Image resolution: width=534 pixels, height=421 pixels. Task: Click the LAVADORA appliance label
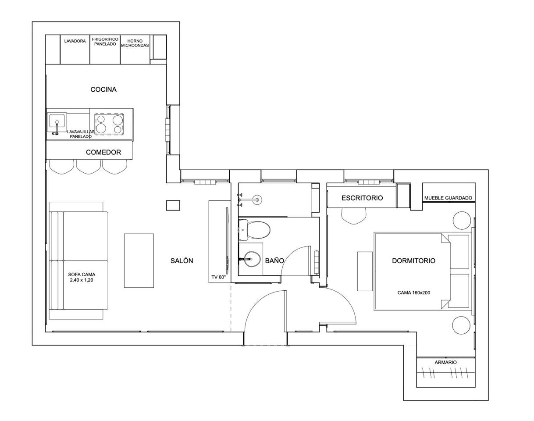coord(75,41)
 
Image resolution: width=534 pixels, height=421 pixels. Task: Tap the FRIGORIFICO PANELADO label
coord(105,42)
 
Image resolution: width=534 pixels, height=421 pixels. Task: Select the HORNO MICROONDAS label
coord(135,43)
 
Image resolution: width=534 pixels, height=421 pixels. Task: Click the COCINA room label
coord(103,89)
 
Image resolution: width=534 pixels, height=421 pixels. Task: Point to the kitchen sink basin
coord(57,122)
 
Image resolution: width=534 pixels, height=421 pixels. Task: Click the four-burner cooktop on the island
coord(109,124)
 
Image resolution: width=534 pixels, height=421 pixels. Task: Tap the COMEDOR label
coord(103,152)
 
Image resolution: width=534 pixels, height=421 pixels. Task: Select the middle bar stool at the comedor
coord(89,166)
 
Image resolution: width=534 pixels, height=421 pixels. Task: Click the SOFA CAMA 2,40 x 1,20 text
coord(82,277)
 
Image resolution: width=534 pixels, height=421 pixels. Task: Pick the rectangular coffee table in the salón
coord(139,260)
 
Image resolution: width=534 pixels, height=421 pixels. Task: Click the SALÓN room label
coord(182,260)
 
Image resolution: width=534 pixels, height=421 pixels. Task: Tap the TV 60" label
coord(218,277)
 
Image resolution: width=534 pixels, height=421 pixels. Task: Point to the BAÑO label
coord(274,260)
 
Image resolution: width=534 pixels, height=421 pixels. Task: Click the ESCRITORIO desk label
coord(362,198)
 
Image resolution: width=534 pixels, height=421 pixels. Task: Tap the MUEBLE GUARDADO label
coord(448,198)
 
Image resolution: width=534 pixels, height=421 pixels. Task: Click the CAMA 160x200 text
coord(413,293)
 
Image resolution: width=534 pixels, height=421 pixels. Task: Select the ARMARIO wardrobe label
coord(446,362)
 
